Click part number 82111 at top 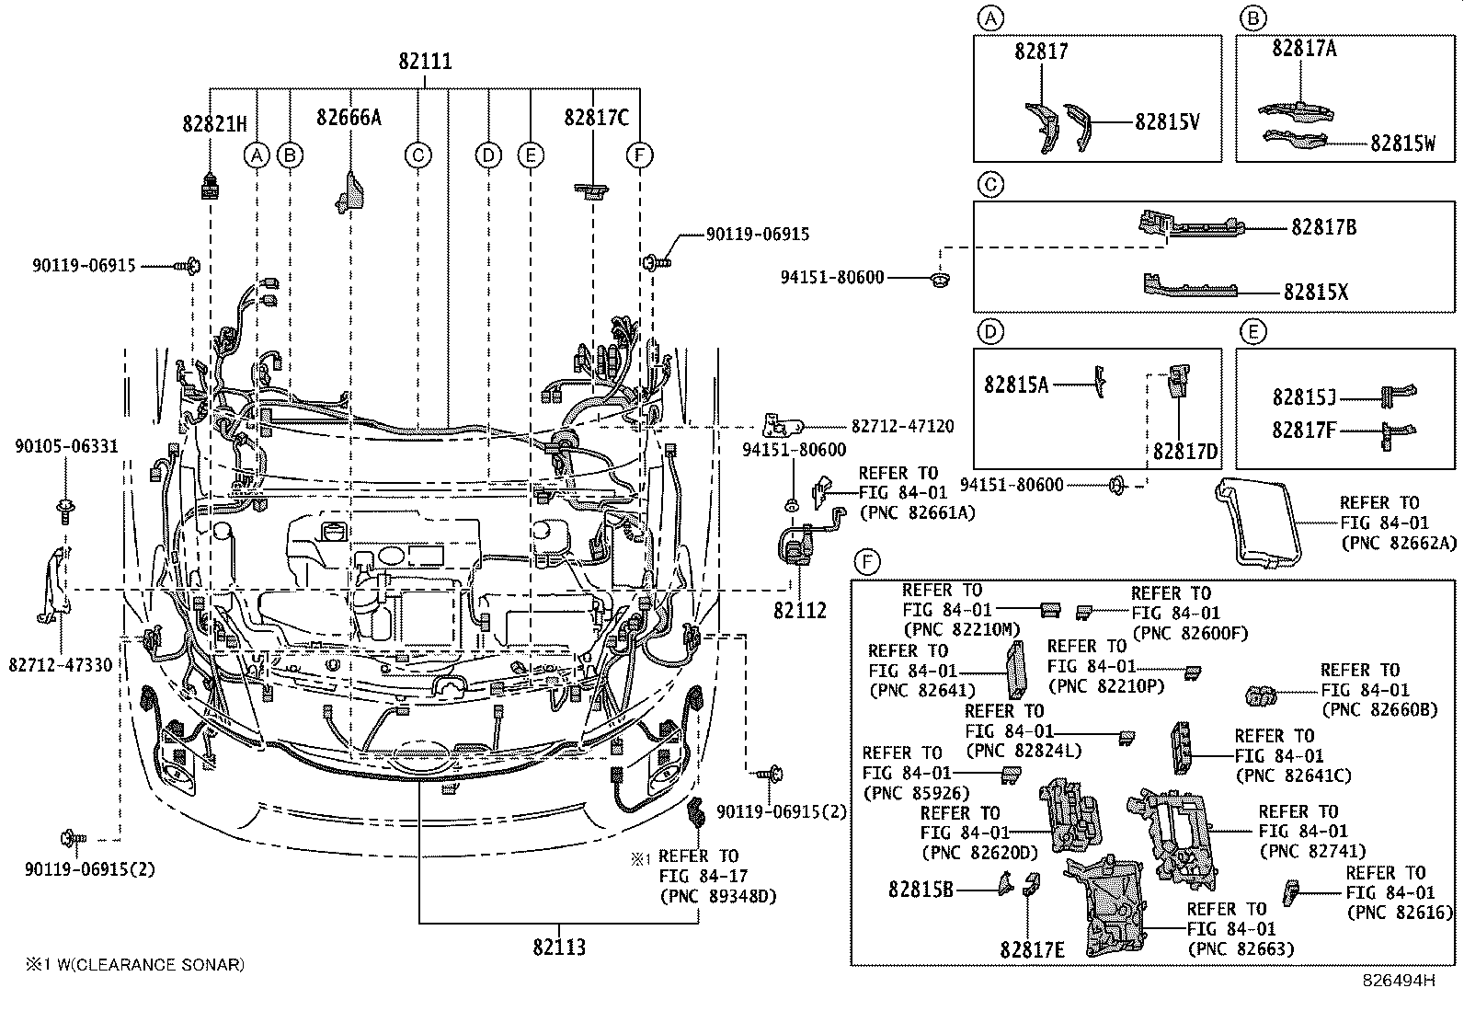pos(425,62)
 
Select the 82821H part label pos(214,122)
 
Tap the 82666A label pos(349,118)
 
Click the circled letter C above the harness pos(417,155)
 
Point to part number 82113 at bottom pos(558,947)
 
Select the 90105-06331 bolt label pos(66,447)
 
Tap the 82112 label pos(799,610)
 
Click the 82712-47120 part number pos(902,427)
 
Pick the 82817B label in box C pos(1323,227)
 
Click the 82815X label pos(1316,292)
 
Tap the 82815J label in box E pos(1304,396)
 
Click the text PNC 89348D pos(717,895)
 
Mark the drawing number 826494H pos(1398,980)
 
